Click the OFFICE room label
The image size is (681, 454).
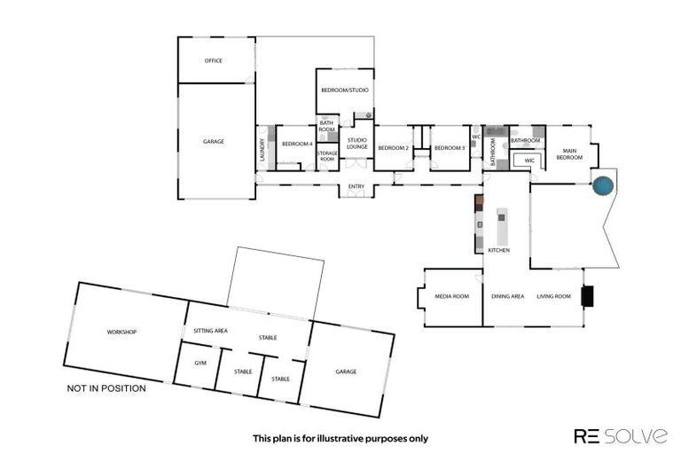tap(213, 61)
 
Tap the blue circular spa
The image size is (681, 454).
tap(602, 186)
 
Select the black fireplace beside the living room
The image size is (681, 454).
tap(586, 296)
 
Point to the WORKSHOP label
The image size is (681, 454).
tap(121, 332)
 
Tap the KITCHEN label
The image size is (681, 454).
tap(499, 251)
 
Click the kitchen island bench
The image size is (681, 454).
tap(502, 227)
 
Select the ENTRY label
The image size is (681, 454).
tap(356, 186)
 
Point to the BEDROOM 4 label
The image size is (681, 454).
tap(297, 144)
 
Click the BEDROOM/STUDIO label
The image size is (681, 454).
tap(344, 90)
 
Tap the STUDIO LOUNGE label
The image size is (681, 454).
tap(357, 143)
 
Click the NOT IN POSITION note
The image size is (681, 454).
tap(106, 388)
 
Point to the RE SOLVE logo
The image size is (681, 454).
tap(621, 435)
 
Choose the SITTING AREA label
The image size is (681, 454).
tap(211, 331)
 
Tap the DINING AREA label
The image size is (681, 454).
tap(507, 296)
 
